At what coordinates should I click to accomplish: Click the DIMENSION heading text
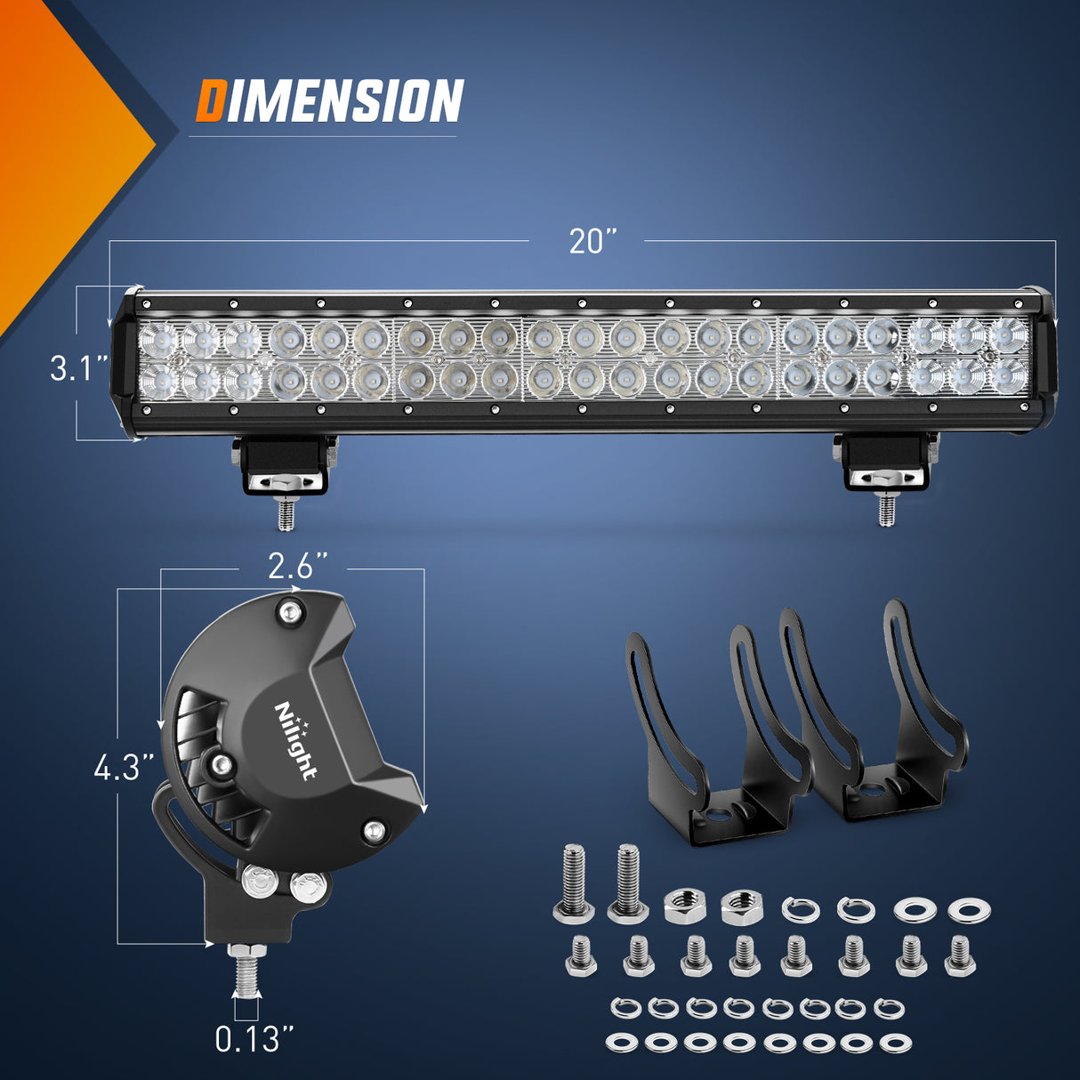point(330,100)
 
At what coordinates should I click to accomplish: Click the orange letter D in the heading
point(210,100)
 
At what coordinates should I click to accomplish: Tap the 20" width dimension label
point(592,241)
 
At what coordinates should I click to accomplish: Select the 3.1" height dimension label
point(79,367)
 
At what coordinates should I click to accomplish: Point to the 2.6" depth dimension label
point(298,567)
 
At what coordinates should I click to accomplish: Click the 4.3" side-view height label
point(124,767)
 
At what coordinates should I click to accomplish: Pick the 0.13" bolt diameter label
point(254,1038)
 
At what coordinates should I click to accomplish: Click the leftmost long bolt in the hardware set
point(574,881)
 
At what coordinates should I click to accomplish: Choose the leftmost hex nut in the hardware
point(682,907)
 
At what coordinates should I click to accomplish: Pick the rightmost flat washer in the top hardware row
point(969,910)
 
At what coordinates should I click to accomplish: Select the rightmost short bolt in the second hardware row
point(958,955)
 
